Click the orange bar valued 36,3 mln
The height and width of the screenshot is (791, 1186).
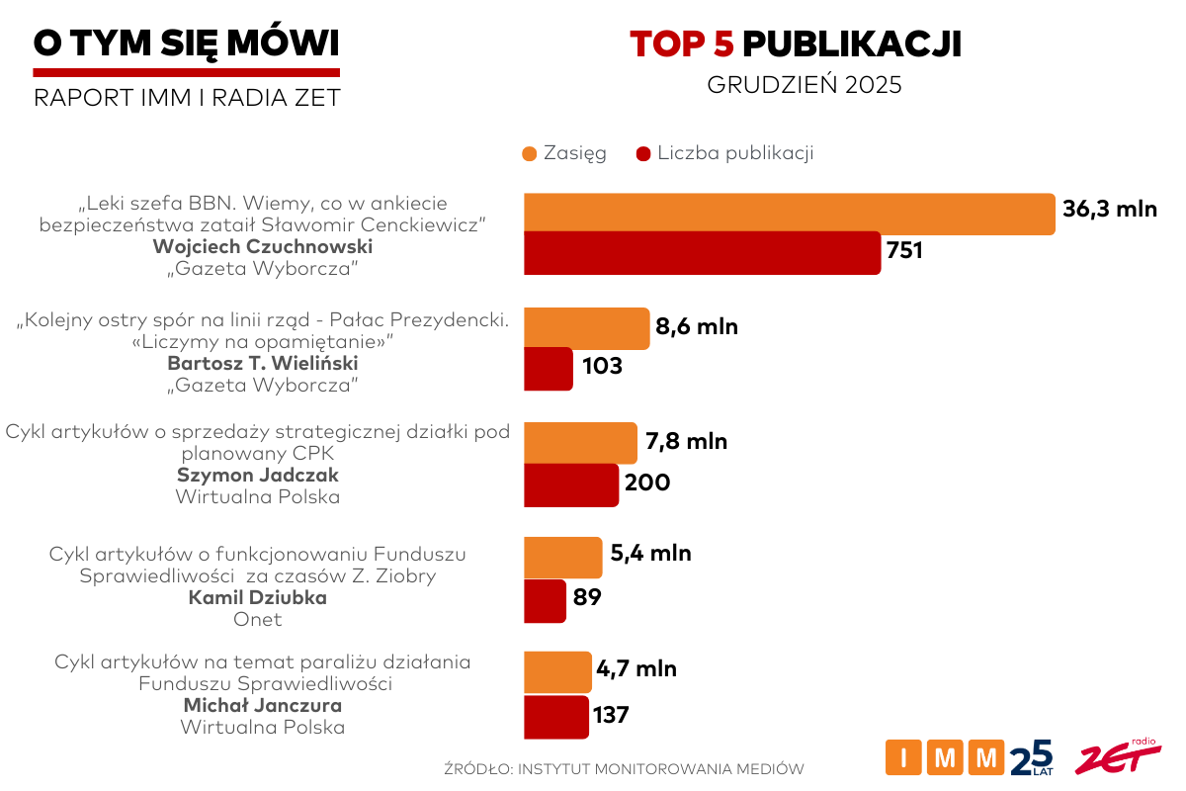(x=789, y=215)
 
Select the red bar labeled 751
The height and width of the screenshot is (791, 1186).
(x=702, y=252)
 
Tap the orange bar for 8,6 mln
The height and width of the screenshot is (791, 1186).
(x=586, y=328)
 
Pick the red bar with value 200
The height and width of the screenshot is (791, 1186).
(x=571, y=484)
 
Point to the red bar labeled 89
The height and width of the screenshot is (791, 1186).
(x=545, y=600)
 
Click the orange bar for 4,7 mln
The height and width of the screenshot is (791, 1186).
(x=557, y=671)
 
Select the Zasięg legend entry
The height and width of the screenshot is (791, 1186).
(x=563, y=153)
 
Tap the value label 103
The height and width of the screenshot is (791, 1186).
(x=602, y=367)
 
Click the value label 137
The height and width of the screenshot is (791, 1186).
(x=611, y=714)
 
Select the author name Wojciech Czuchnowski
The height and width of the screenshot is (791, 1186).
(x=262, y=246)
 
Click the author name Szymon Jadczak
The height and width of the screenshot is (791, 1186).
(x=258, y=475)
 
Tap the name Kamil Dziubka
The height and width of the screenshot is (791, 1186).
(x=258, y=598)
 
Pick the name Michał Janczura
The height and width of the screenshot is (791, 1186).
(x=263, y=705)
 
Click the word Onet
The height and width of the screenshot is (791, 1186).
(x=258, y=620)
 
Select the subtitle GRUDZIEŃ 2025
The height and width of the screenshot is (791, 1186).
(x=805, y=85)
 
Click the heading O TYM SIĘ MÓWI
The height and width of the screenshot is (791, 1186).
(x=186, y=43)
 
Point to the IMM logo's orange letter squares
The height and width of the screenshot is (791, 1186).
(x=945, y=758)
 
